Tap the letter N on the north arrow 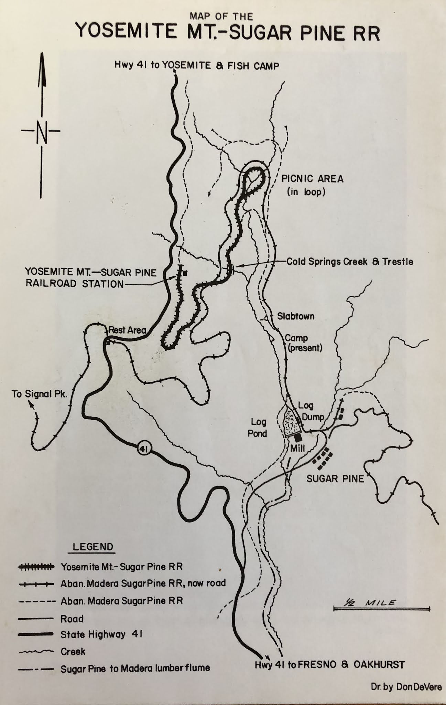[41, 131]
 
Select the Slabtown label [296, 316]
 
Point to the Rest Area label [127, 330]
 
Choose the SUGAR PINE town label [335, 478]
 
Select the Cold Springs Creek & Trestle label [350, 262]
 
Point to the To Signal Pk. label [40, 394]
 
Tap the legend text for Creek [73, 651]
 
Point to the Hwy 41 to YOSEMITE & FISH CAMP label [197, 65]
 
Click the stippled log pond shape [291, 422]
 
